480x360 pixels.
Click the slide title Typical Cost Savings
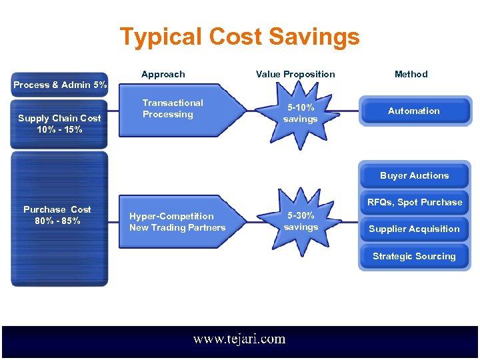(x=239, y=37)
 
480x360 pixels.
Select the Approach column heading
(x=163, y=74)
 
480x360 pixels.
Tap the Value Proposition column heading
(x=295, y=74)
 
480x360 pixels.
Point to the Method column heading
(x=411, y=74)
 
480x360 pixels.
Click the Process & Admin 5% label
(x=60, y=85)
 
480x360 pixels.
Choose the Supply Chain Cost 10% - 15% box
(x=59, y=123)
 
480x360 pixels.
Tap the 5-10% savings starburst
(x=300, y=114)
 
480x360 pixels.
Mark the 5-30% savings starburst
(x=301, y=222)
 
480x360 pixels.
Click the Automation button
(x=414, y=111)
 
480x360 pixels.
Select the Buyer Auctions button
(x=414, y=176)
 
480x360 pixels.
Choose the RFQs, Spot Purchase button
(x=414, y=202)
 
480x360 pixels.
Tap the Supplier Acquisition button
(x=414, y=229)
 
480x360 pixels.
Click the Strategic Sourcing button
(x=414, y=256)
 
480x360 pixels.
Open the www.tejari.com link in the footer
(x=239, y=339)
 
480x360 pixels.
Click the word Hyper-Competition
(x=171, y=216)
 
